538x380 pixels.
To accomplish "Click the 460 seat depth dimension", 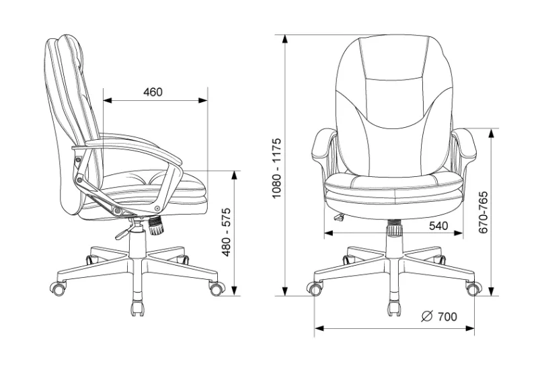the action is point(153,92).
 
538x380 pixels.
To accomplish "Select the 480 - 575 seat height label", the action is point(227,232).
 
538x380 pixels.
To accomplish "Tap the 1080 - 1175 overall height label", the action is point(276,168).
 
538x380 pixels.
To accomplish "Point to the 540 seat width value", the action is point(438,225).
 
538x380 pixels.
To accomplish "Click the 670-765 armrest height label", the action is point(483,212).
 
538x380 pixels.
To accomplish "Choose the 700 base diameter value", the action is point(447,317).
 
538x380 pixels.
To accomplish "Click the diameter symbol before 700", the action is point(427,316).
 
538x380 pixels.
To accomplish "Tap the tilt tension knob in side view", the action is point(156,225).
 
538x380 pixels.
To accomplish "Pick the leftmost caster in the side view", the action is point(58,288).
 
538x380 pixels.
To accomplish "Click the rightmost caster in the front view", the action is point(473,289).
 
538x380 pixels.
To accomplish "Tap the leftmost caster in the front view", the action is point(315,289).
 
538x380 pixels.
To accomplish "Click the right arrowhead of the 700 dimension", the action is point(470,328).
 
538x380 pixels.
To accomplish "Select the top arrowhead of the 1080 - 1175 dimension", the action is point(284,39).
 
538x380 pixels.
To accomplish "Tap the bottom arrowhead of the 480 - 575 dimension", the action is point(234,291).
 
